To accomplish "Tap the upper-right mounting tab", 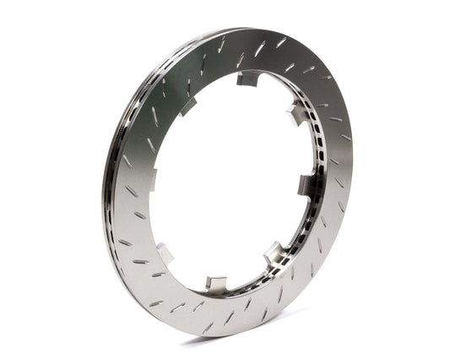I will coord(295,115).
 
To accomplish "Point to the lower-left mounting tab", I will coord(164,253).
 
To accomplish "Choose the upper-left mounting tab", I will coord(187,106).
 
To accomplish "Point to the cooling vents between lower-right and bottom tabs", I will coord(249,275).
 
